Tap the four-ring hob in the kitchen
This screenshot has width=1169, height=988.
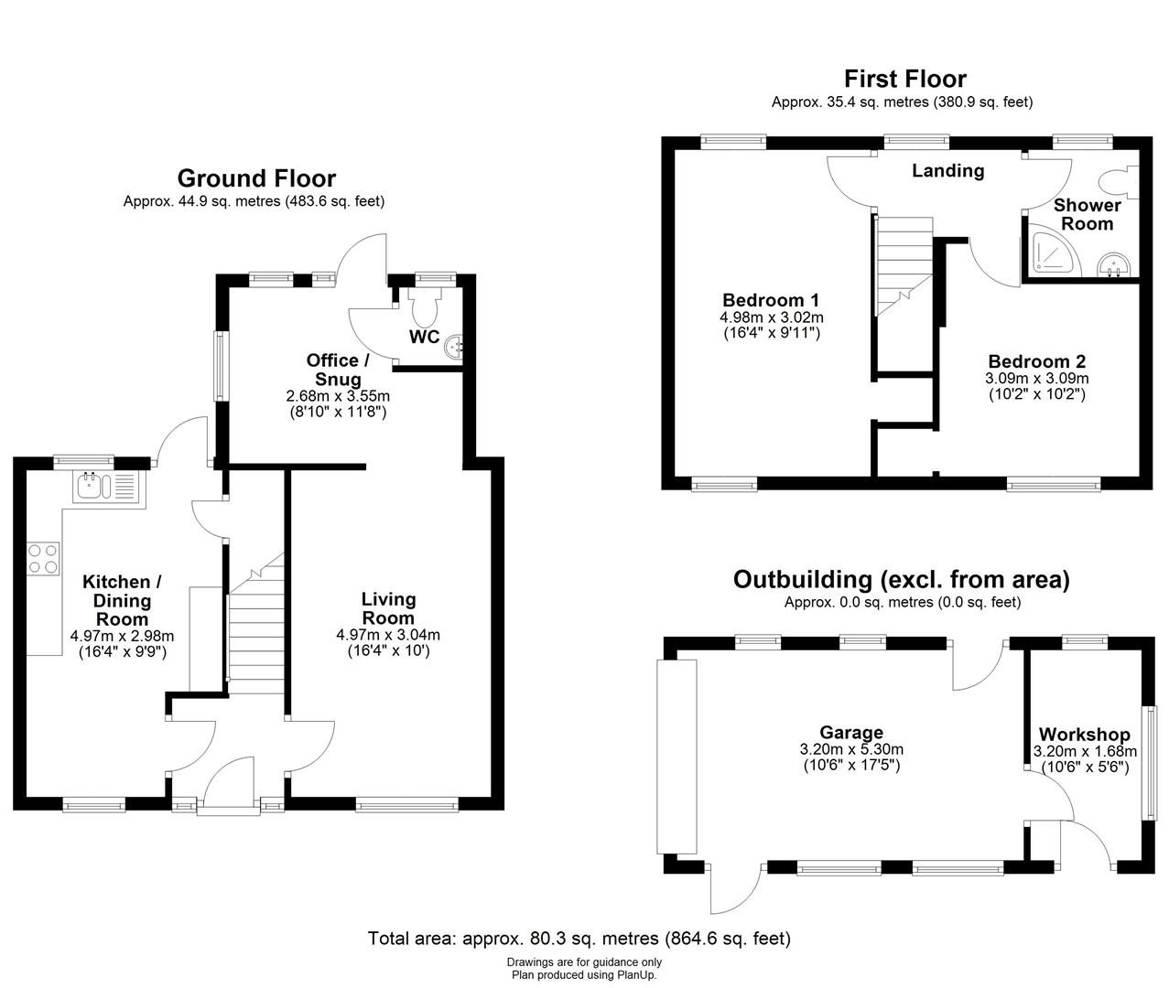tap(43, 558)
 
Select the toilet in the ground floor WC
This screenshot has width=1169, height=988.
tap(424, 305)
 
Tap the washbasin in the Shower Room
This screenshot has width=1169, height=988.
tap(1113, 265)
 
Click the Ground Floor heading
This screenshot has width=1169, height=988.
tap(256, 178)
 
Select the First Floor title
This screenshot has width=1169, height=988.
tap(904, 79)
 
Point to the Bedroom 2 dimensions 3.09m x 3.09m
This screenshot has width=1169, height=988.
tap(1036, 378)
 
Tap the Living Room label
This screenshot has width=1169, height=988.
tap(388, 608)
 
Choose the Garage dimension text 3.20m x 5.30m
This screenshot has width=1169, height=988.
tap(851, 749)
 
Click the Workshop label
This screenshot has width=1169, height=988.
tap(1084, 735)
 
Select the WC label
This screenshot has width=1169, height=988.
tap(424, 337)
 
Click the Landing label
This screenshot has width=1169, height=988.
tap(947, 171)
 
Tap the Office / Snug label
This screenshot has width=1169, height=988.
tap(338, 370)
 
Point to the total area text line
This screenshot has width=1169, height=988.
tap(579, 939)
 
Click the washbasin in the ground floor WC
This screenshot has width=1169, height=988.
tap(455, 346)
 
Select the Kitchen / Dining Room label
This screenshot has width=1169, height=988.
tap(122, 600)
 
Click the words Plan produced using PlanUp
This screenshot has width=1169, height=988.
tap(584, 974)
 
